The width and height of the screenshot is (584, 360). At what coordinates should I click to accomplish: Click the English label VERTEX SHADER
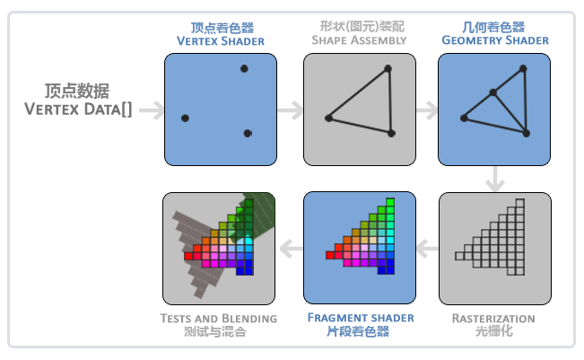tap(221, 41)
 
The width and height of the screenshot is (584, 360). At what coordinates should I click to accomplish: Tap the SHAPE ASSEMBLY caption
tap(359, 40)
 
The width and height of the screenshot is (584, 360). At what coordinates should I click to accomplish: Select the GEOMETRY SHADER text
tap(495, 40)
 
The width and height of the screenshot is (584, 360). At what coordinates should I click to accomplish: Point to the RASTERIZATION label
tap(493, 319)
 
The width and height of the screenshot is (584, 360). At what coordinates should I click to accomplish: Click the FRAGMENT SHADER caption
tap(361, 318)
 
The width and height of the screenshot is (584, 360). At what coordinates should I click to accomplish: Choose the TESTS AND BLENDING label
tap(219, 319)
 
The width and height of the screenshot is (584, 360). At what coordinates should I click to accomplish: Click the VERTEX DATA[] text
tap(78, 110)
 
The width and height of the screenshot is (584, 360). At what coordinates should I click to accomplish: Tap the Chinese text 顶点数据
tap(77, 91)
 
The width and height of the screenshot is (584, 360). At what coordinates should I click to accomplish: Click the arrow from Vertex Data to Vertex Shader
tap(152, 110)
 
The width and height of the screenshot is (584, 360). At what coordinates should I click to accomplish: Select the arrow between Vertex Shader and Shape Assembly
tap(291, 110)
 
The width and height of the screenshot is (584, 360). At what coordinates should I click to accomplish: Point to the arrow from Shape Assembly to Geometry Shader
tap(427, 110)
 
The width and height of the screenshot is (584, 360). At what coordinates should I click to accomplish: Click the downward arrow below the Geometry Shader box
tap(495, 179)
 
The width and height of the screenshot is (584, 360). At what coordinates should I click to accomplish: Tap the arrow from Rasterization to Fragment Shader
tap(428, 249)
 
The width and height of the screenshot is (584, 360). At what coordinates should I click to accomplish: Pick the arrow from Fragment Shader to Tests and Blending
tap(292, 249)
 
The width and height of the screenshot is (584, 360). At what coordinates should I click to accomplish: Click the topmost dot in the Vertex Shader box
tap(244, 68)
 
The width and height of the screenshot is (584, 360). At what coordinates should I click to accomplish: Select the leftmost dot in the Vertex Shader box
tap(185, 119)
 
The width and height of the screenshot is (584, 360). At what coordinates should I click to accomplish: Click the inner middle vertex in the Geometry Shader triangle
tap(492, 92)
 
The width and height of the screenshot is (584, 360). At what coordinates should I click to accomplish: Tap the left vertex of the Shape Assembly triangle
tap(328, 119)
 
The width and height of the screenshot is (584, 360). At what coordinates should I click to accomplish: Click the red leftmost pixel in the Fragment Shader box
tap(330, 255)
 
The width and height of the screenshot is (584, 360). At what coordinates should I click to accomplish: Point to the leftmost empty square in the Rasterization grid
tap(459, 256)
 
